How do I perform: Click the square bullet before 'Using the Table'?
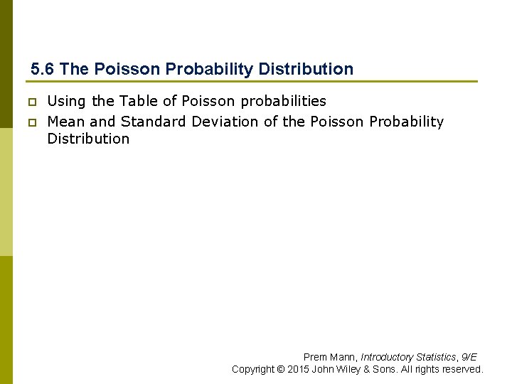[x=31, y=102]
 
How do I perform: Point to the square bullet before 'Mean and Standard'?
[x=31, y=122]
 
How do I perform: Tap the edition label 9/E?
[x=469, y=357]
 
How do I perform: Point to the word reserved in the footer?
[x=464, y=369]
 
